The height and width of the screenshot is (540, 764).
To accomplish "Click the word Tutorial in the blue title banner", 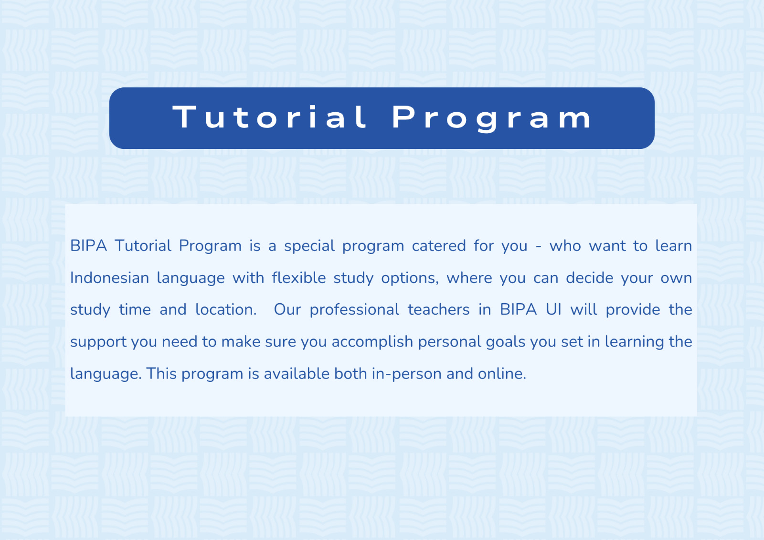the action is pyautogui.click(x=270, y=117).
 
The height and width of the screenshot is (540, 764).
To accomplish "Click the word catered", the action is pyautogui.click(x=439, y=246).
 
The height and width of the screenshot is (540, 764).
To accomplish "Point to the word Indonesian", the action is pyautogui.click(x=109, y=278).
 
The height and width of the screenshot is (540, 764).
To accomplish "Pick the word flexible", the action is pyautogui.click(x=299, y=278).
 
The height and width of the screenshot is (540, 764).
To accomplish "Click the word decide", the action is pyautogui.click(x=589, y=278).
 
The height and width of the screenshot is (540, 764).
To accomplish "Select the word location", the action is pyautogui.click(x=226, y=310).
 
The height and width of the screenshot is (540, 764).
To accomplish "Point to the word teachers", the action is pyautogui.click(x=439, y=310).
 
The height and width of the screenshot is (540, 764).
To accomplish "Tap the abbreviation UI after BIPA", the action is pyautogui.click(x=553, y=310).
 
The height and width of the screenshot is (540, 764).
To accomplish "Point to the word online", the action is pyautogui.click(x=502, y=374).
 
